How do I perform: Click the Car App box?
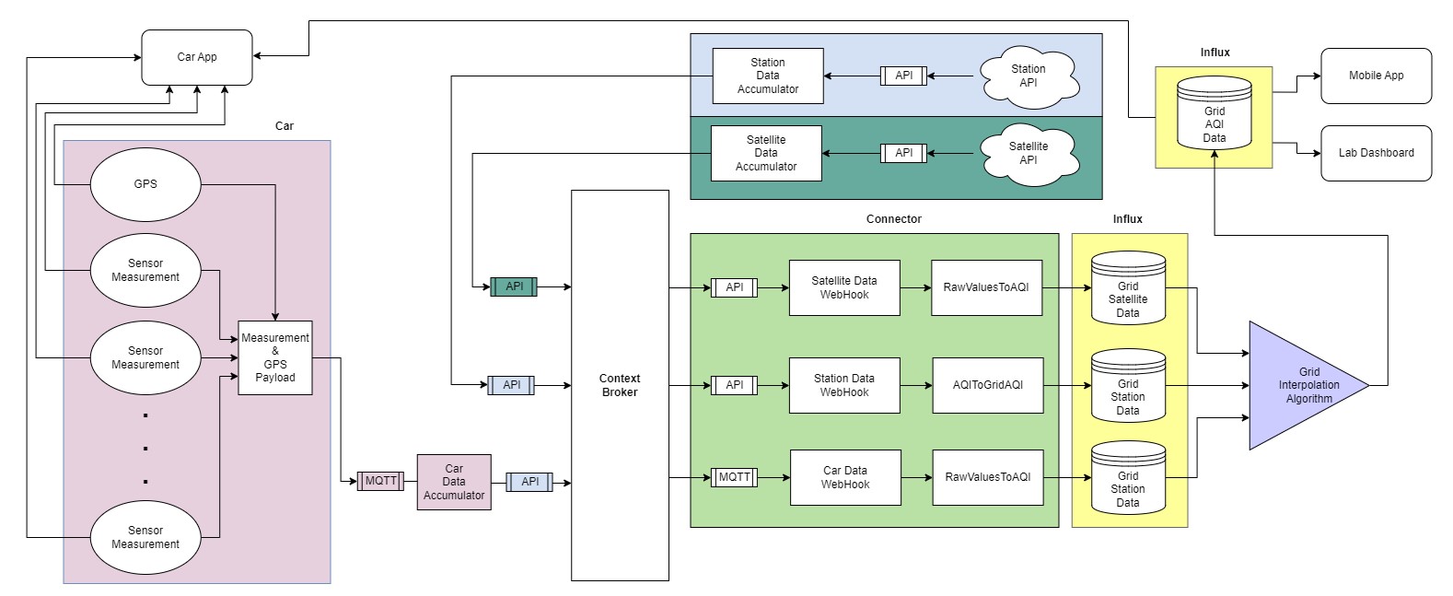pos(196,57)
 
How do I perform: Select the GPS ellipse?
pos(145,184)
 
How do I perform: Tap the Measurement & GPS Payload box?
pos(274,357)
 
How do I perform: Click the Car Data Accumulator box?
pos(454,482)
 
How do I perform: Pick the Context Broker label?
pos(620,385)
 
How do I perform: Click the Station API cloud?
pos(1028,76)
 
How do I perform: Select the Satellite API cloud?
pos(1028,153)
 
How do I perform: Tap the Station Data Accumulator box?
pos(767,76)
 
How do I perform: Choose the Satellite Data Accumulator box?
pos(765,153)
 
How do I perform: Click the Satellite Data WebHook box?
pos(843,287)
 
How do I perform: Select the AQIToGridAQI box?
pos(987,385)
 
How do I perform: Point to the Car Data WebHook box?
pos(844,477)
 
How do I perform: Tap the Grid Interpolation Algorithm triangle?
pos(1303,385)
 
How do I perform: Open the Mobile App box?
pos(1376,76)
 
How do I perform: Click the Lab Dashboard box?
pos(1376,153)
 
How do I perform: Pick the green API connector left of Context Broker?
pos(514,286)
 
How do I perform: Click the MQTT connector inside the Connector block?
pos(734,477)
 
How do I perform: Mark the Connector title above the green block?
pos(893,219)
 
